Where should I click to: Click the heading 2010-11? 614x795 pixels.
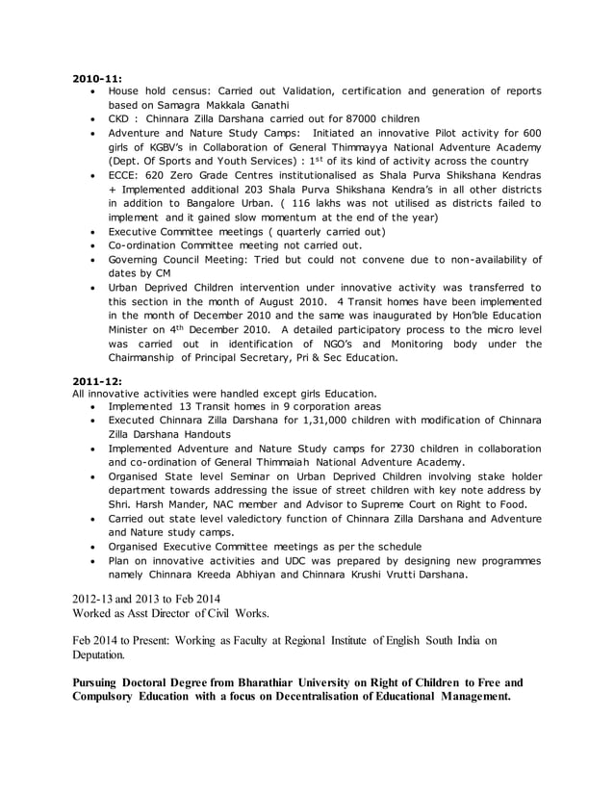pos(96,76)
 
